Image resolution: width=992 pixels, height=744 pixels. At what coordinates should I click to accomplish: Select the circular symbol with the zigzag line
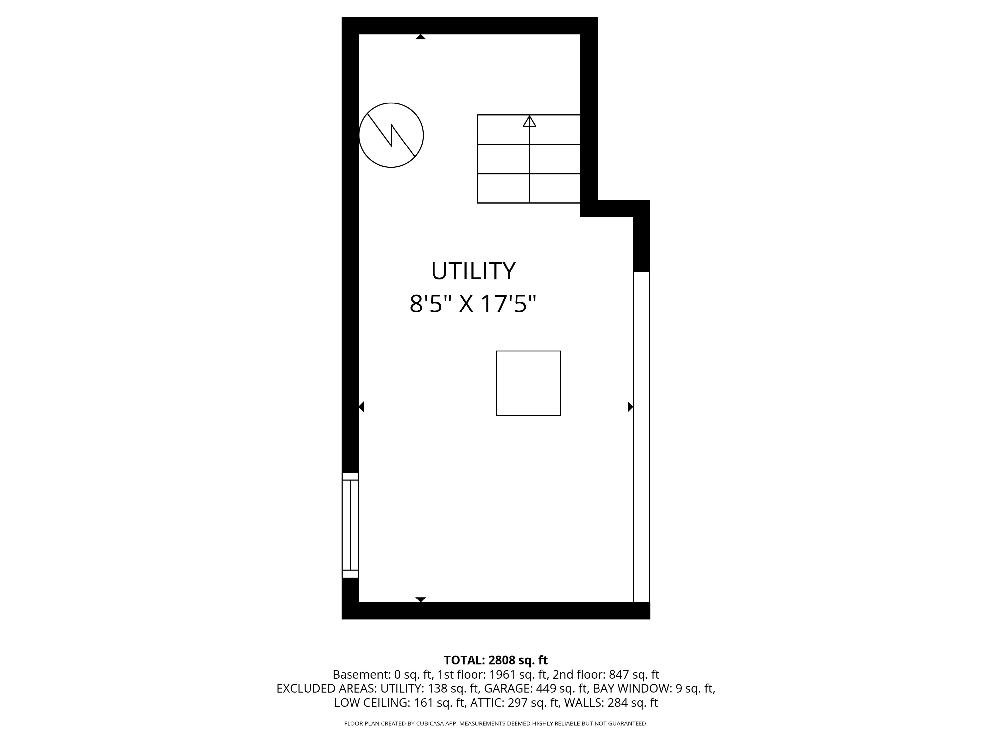click(391, 135)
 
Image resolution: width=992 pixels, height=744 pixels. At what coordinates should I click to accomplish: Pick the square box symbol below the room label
click(528, 383)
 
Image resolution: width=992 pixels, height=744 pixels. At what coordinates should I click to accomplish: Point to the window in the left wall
click(350, 525)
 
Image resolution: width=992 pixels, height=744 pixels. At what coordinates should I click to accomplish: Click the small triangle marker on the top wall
click(420, 37)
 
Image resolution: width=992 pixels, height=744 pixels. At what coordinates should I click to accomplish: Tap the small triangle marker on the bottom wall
click(420, 599)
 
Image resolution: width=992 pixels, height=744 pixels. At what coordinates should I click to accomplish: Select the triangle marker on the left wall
click(361, 407)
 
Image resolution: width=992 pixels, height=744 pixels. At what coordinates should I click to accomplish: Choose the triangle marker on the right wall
click(630, 407)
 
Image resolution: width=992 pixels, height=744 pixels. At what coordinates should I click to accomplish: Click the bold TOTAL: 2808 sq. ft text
click(496, 660)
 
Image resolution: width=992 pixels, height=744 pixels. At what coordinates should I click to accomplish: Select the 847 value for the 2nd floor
click(618, 675)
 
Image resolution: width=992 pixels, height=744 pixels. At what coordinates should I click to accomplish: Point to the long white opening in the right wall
click(641, 437)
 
